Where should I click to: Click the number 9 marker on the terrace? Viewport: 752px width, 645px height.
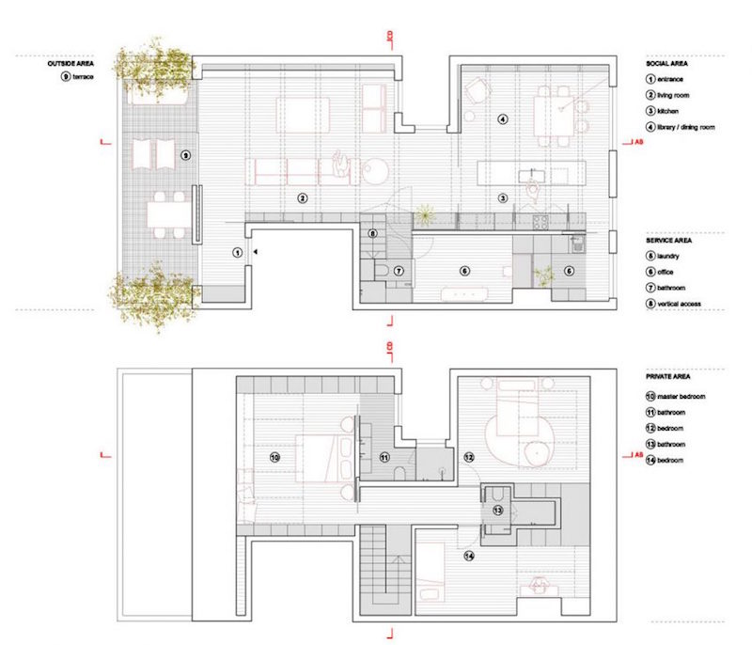185,154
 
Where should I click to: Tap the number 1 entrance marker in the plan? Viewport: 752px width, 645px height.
238,252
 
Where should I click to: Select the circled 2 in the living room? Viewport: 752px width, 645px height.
302,197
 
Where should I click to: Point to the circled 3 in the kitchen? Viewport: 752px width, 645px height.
503,198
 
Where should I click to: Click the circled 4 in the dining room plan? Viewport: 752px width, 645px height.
503,119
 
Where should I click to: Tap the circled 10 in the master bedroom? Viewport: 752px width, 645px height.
274,457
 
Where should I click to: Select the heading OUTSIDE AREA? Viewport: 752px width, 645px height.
70,63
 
